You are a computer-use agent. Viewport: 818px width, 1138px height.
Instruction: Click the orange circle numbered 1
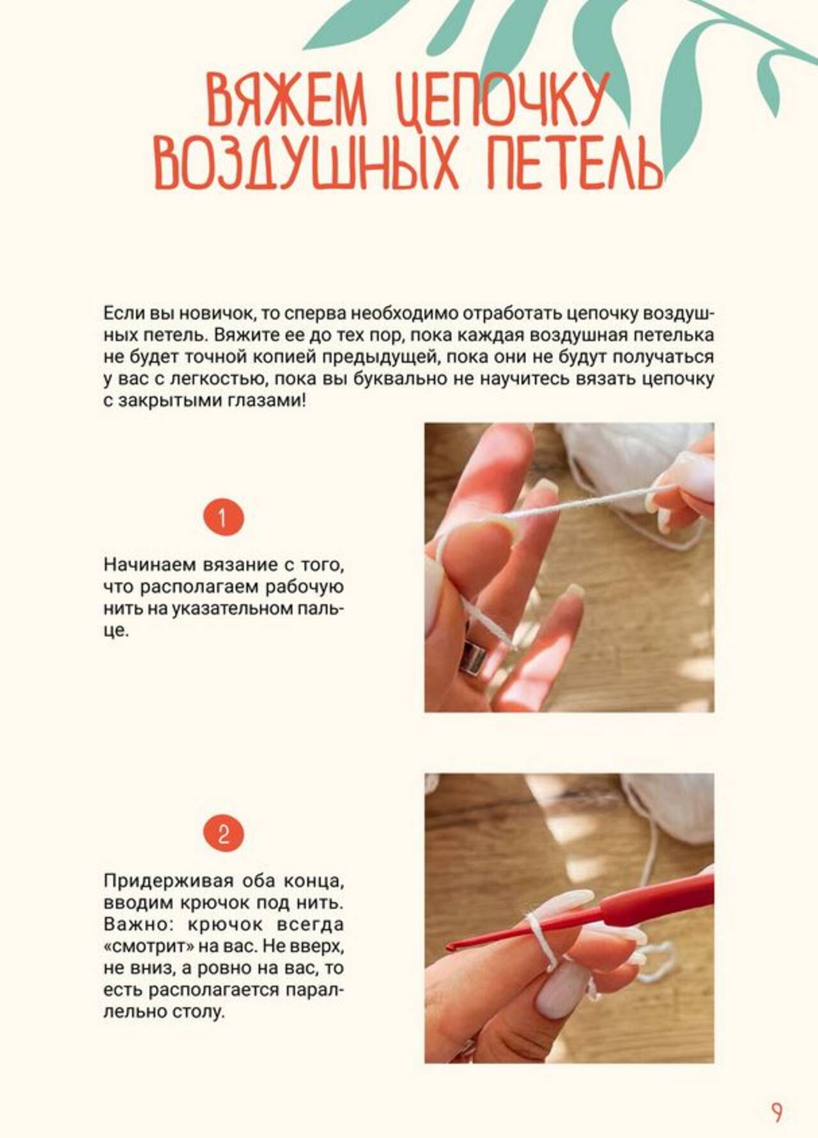(223, 517)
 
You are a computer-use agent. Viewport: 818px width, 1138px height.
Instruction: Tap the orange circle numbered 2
(223, 833)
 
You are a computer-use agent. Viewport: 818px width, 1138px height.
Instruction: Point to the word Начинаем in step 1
(150, 565)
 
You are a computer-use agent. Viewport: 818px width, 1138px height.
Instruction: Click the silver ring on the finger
(473, 656)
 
